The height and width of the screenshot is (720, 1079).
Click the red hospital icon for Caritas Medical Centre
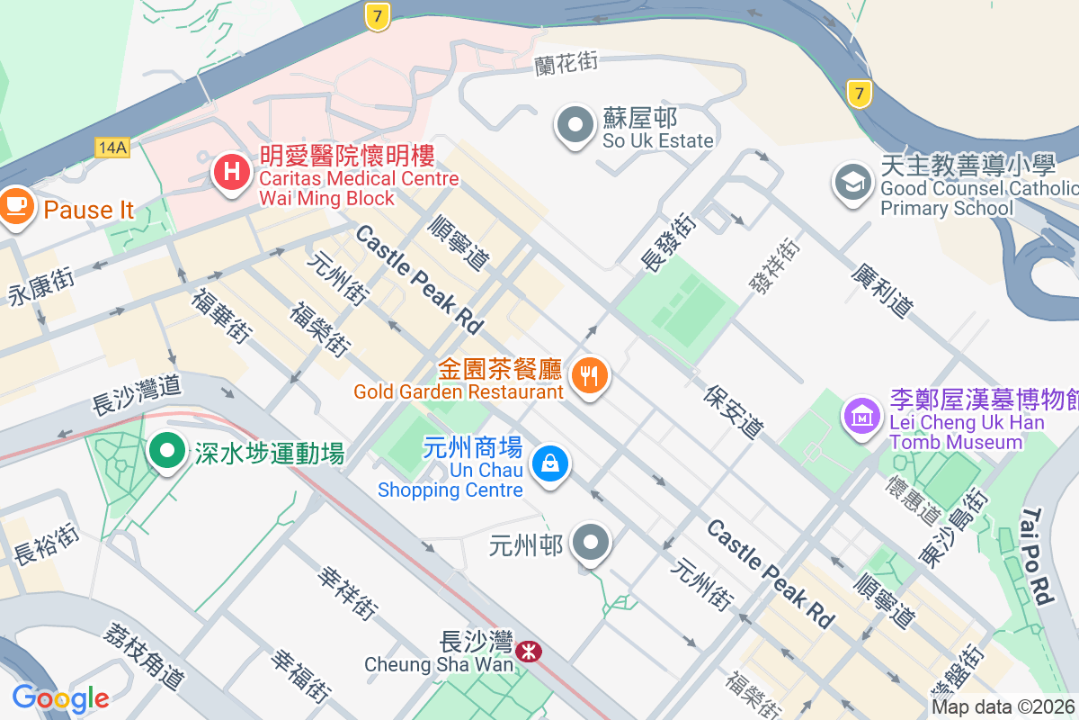tap(231, 171)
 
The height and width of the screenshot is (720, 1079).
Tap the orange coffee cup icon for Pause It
tap(15, 206)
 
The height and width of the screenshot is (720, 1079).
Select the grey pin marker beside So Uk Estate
tap(576, 125)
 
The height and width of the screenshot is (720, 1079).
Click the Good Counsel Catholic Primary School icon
tap(852, 183)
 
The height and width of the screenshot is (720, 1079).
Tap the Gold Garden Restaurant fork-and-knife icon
tap(590, 375)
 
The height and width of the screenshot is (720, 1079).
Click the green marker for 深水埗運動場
tap(167, 451)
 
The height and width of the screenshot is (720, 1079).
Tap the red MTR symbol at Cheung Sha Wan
tap(530, 650)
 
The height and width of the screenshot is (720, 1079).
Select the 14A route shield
tap(112, 147)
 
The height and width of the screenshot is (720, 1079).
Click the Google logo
tap(60, 698)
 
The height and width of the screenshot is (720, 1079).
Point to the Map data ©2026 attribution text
tap(1003, 706)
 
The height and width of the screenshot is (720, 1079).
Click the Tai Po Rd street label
tap(1036, 555)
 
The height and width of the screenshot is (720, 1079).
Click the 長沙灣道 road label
tap(138, 396)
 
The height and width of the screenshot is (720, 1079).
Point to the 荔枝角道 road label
tap(145, 655)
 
